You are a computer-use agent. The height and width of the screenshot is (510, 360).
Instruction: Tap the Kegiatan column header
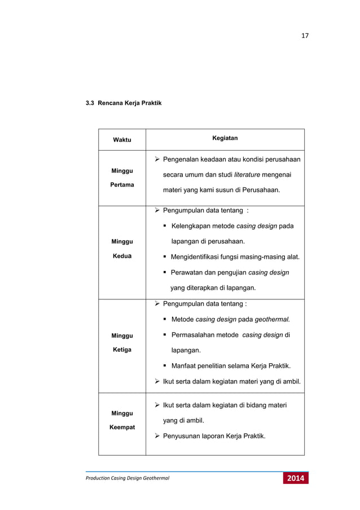click(x=225, y=137)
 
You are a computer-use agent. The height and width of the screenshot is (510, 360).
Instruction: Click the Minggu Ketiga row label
click(x=121, y=342)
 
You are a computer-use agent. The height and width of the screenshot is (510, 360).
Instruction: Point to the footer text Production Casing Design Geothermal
click(x=128, y=480)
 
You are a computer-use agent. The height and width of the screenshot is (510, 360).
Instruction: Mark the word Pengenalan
click(x=183, y=160)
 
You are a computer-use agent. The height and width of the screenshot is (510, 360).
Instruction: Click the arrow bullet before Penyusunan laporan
click(x=157, y=436)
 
